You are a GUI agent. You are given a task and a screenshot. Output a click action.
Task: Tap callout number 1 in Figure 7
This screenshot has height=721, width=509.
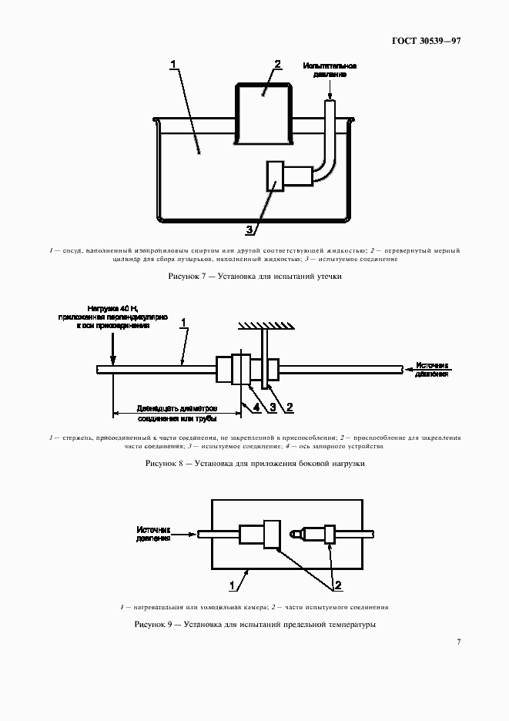point(174,64)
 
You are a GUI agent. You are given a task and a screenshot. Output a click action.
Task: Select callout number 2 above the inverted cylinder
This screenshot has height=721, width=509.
point(277,65)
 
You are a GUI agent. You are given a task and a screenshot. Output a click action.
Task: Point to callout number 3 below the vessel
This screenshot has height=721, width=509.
point(249,229)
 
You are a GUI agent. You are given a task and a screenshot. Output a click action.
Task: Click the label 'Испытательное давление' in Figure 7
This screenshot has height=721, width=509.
point(330,70)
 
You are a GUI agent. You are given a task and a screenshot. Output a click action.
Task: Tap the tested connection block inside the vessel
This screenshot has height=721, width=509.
point(274,176)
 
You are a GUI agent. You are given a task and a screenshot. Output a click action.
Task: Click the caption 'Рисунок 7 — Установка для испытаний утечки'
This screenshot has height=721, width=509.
point(254,276)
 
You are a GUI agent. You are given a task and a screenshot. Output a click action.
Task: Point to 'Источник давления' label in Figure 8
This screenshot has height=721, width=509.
point(431,370)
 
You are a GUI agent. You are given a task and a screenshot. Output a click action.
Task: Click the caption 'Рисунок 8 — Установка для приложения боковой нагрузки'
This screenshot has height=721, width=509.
point(254,464)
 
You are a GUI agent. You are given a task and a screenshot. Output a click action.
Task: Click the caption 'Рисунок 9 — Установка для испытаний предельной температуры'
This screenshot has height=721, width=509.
point(254,624)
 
